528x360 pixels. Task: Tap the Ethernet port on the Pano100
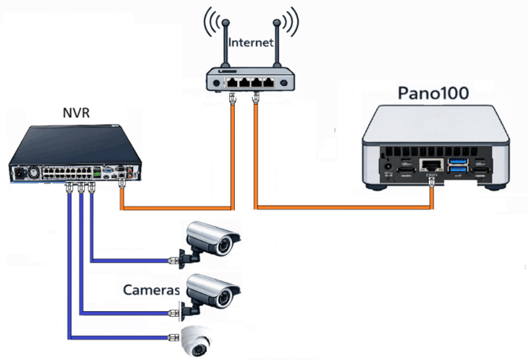pyautogui.click(x=431, y=166)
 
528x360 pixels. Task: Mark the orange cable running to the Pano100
pyautogui.click(x=347, y=208)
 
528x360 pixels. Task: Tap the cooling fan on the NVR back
pyautogui.click(x=32, y=171)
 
